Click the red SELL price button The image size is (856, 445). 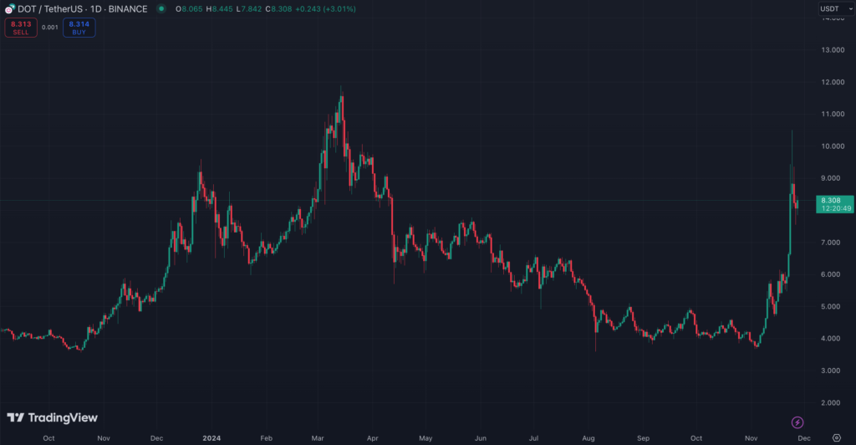coord(21,28)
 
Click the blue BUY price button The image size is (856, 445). coord(79,28)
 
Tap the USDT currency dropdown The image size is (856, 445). coord(832,8)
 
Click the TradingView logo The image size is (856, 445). coord(52,417)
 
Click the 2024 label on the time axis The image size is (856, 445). coord(211,437)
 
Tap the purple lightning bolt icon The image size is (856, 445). coord(797,422)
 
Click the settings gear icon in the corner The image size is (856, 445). coord(837,437)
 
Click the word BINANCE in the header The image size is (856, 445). coord(146,8)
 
